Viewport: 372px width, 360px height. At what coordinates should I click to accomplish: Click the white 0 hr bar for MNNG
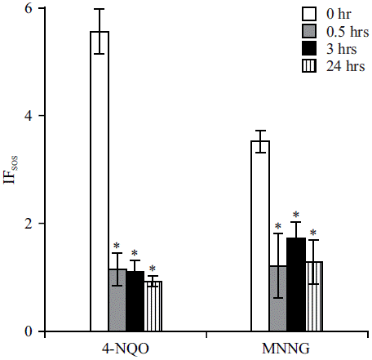coord(259,236)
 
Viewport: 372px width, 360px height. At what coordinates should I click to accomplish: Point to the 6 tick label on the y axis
coord(29,9)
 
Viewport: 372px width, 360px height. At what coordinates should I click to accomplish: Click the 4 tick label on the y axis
coord(29,116)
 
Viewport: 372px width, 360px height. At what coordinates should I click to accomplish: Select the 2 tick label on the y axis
coord(29,224)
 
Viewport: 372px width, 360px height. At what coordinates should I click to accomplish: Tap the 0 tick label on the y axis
coord(29,331)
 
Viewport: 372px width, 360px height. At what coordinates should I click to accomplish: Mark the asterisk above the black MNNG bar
coord(296,215)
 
